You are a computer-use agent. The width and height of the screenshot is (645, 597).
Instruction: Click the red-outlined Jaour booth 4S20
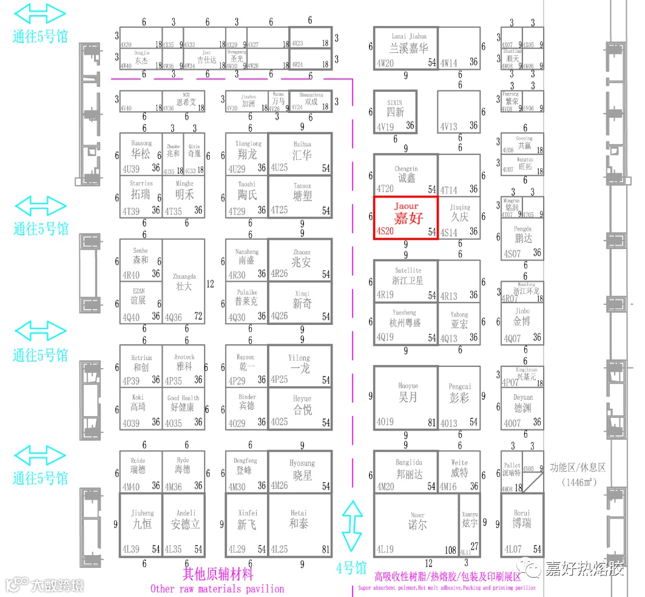(x=405, y=217)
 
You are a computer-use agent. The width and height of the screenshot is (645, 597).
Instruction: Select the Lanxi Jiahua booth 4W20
(x=405, y=47)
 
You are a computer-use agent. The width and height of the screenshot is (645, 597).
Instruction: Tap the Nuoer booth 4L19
(x=416, y=524)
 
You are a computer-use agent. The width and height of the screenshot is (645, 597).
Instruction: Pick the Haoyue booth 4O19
(x=405, y=397)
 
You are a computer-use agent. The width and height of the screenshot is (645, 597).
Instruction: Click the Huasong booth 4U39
(x=141, y=154)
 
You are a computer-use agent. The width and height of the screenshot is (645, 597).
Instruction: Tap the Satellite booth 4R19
(x=405, y=280)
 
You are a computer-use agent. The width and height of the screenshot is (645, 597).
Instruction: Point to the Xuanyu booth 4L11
(x=470, y=524)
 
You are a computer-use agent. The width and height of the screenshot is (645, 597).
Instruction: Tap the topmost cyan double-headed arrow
(x=40, y=13)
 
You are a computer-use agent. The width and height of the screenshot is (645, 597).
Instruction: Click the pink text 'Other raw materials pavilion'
(x=217, y=588)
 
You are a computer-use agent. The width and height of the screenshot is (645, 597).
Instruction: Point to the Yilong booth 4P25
(x=300, y=365)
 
